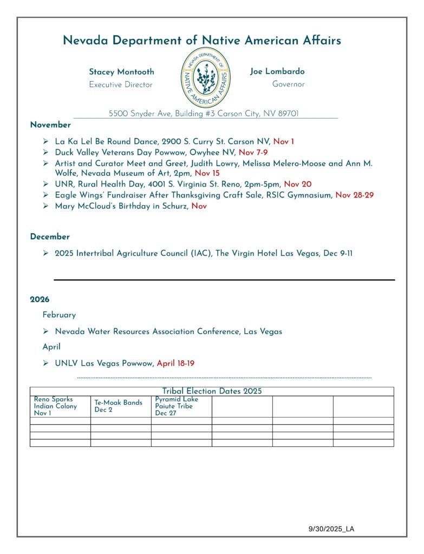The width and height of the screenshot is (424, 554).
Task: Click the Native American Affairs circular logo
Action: point(205,78)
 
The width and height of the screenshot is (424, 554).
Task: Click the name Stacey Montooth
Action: point(121,72)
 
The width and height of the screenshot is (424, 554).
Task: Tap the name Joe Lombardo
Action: point(277,71)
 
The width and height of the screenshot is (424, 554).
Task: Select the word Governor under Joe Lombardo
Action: point(288,84)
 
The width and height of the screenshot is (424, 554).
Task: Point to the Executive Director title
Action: point(121,85)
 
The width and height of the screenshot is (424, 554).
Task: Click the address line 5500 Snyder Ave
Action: point(204,114)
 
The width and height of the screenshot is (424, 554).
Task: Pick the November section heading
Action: point(50,125)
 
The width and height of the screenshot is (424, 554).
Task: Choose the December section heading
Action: point(50,236)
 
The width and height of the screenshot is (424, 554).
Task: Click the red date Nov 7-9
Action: point(253,153)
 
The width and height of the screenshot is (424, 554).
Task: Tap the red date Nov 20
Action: point(298,184)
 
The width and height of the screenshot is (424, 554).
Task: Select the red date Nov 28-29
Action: point(355,195)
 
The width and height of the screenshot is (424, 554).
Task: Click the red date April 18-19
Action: point(175,364)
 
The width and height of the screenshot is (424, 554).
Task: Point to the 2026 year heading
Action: point(40,299)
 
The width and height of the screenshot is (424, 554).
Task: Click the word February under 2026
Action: point(59,315)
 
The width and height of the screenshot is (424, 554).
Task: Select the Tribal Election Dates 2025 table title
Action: point(212,391)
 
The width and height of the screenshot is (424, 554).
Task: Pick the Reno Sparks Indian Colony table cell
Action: point(56,406)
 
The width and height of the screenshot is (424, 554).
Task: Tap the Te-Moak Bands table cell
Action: point(118,406)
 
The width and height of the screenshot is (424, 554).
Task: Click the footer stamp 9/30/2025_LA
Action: point(331,529)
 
